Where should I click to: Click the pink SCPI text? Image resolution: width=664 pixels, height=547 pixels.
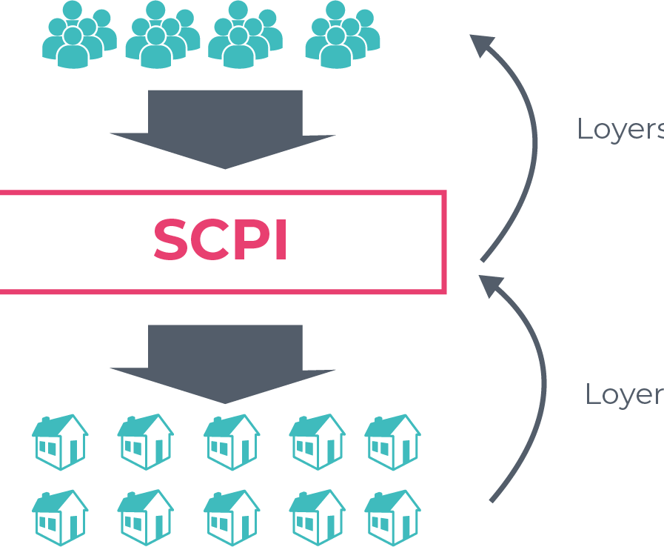tap(221, 239)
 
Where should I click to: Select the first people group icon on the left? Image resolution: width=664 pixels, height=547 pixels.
tap(80, 34)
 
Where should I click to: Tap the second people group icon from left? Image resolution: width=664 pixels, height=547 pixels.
tap(163, 34)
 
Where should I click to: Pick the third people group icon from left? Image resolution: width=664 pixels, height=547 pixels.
tap(246, 34)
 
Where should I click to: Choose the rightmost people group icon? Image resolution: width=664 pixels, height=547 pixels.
tap(343, 34)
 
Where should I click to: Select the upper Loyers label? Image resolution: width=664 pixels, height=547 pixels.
tap(620, 129)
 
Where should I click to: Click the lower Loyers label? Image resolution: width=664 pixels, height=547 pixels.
tap(625, 394)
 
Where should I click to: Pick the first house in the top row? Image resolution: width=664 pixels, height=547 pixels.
tap(60, 442)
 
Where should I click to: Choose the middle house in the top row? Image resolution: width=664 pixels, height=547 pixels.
tap(232, 442)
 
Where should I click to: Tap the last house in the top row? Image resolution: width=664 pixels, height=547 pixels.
tap(392, 442)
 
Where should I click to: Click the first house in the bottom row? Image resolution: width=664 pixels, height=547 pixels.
tap(60, 518)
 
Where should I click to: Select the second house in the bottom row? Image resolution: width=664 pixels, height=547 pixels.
tap(146, 518)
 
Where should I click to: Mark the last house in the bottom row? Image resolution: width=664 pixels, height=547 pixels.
tap(392, 518)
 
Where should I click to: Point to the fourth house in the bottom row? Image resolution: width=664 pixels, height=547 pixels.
tap(317, 518)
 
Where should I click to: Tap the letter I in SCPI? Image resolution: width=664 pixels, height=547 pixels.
tap(281, 239)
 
